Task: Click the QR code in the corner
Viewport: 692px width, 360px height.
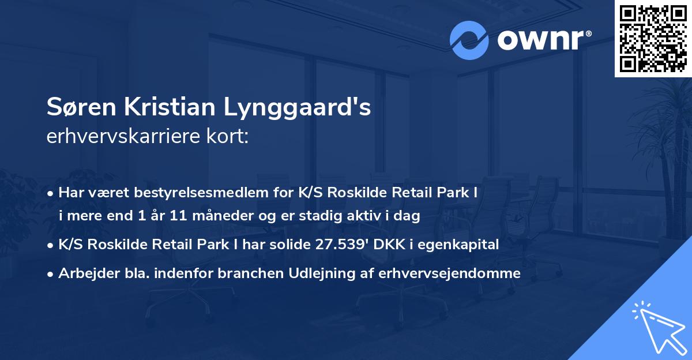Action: pos(653,38)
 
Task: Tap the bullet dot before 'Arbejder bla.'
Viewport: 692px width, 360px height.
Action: pos(51,274)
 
